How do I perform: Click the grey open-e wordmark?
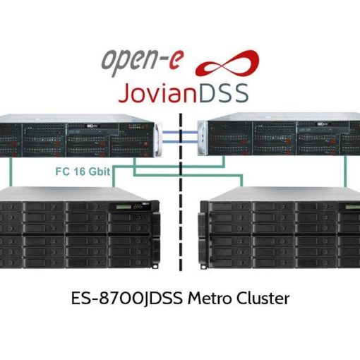(x=142, y=61)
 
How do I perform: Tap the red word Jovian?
(x=157, y=92)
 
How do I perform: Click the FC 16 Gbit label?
(x=83, y=172)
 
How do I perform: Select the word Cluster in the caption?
(x=263, y=299)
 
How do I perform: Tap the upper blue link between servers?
(x=180, y=133)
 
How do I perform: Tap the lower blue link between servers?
(x=180, y=141)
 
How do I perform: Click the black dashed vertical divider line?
(x=181, y=192)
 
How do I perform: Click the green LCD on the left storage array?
(x=123, y=207)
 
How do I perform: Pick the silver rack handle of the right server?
(x=202, y=138)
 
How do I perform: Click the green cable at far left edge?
(x=11, y=172)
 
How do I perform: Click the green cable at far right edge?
(x=345, y=172)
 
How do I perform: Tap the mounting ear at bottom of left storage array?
(x=155, y=266)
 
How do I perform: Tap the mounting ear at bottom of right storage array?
(x=203, y=267)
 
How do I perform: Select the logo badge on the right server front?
(x=322, y=124)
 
